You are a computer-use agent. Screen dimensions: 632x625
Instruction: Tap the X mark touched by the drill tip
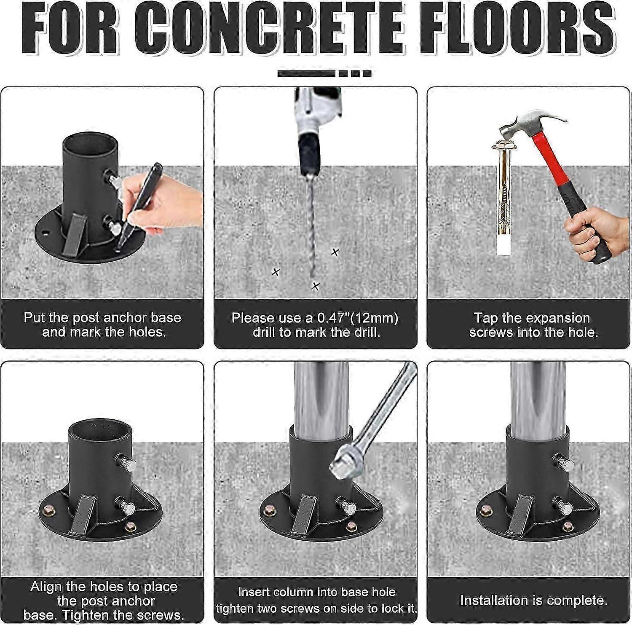tap(316, 287)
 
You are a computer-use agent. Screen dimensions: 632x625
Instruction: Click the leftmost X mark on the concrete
tap(276, 272)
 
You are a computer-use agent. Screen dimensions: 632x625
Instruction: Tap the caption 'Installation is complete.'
tap(533, 600)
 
